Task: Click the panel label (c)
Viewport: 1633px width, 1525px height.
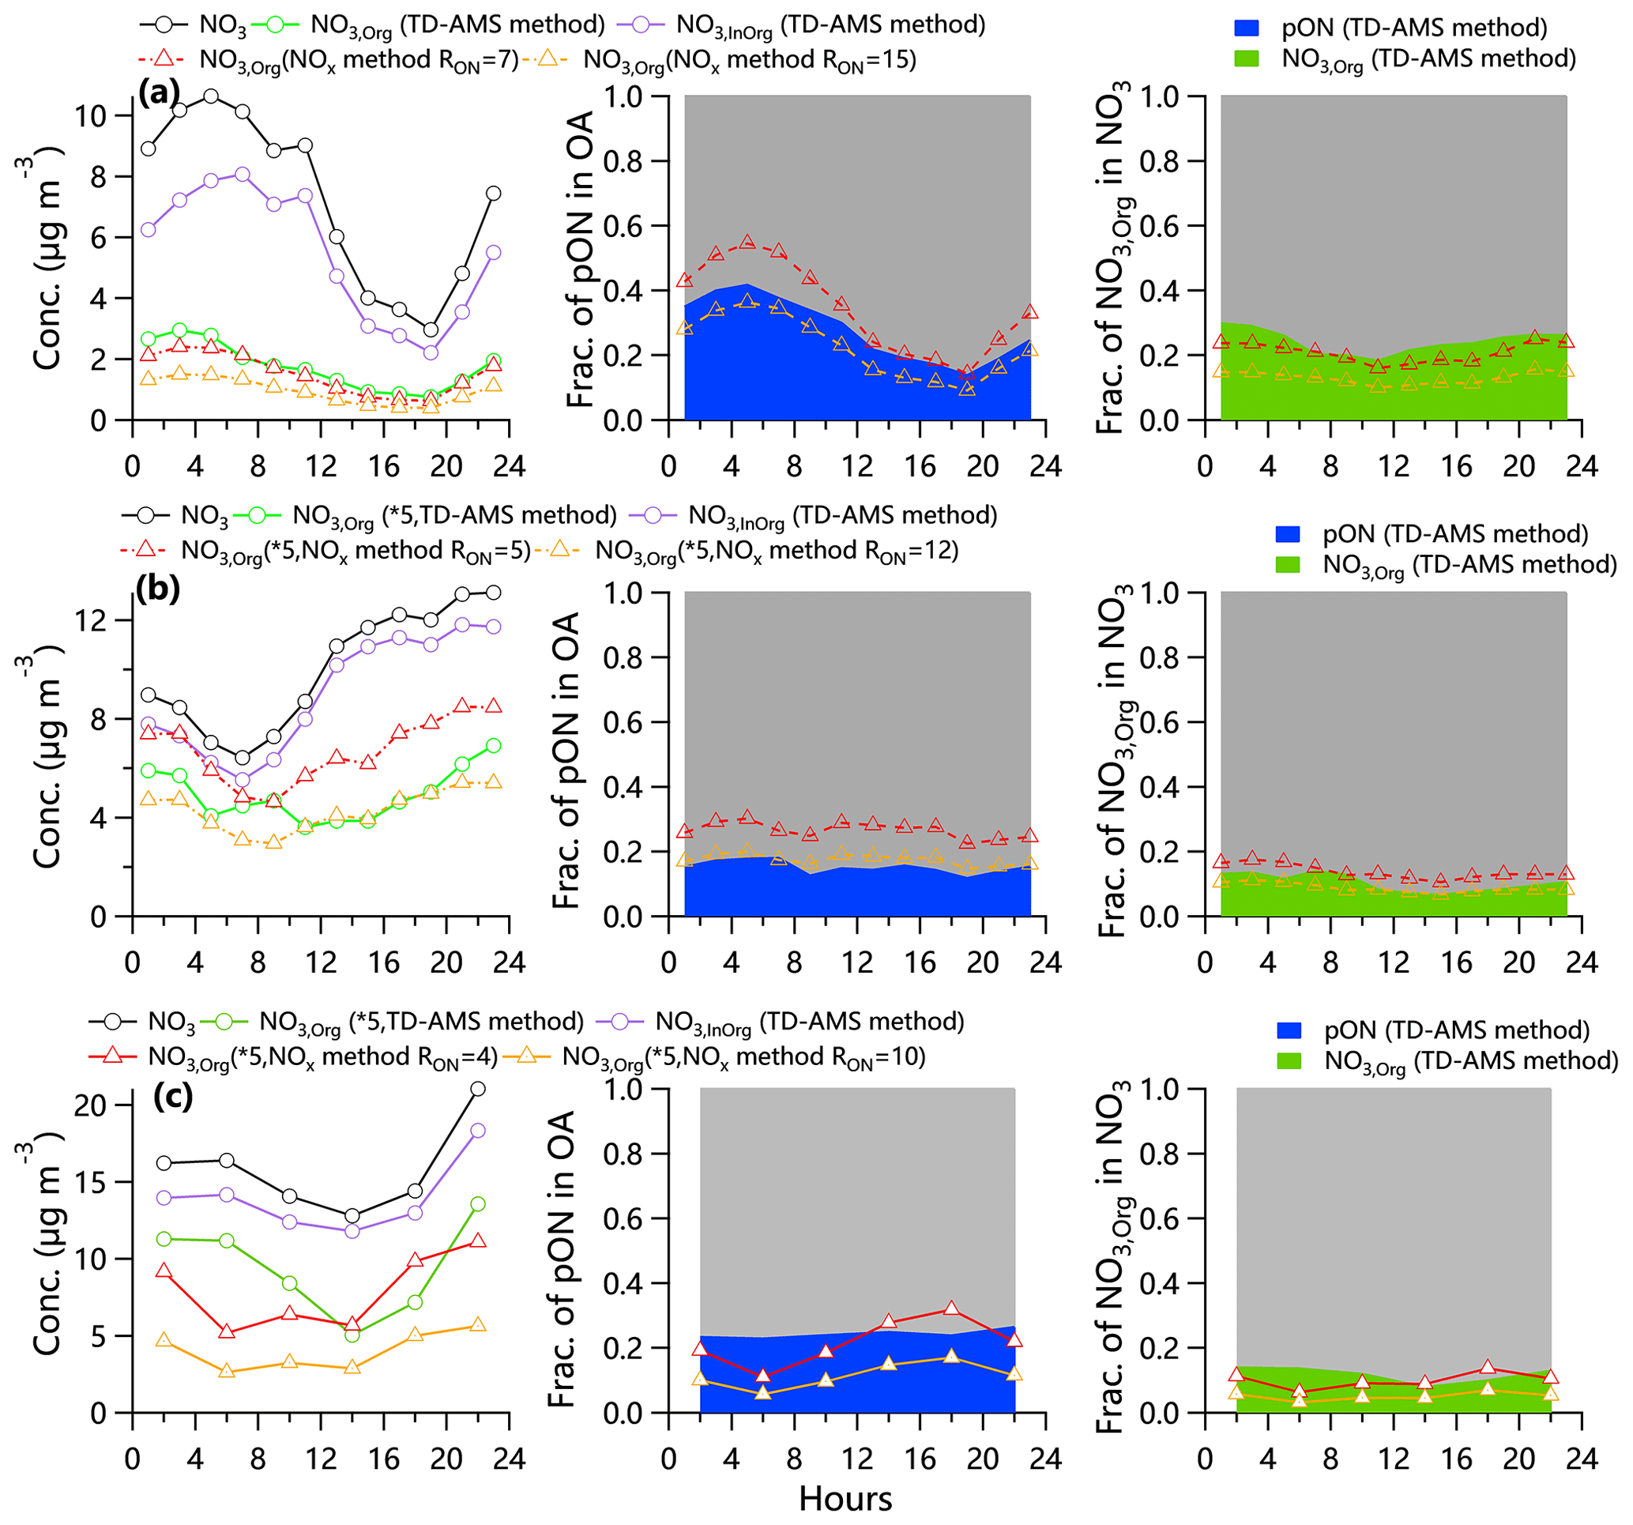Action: pyautogui.click(x=172, y=1096)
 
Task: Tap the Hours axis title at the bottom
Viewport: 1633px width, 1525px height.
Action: pyautogui.click(x=845, y=1498)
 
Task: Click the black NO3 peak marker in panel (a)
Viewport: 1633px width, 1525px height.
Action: pyautogui.click(x=211, y=96)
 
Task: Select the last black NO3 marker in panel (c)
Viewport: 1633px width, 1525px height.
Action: pyautogui.click(x=478, y=1089)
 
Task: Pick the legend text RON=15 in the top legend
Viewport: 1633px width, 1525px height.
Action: pyautogui.click(x=875, y=62)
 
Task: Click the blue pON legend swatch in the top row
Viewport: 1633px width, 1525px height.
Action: pyautogui.click(x=1247, y=28)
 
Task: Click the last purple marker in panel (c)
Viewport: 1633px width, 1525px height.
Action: pyautogui.click(x=478, y=1131)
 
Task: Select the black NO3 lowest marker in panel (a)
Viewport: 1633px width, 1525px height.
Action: pyautogui.click(x=431, y=329)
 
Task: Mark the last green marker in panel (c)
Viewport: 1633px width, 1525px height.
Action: pyautogui.click(x=478, y=1203)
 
